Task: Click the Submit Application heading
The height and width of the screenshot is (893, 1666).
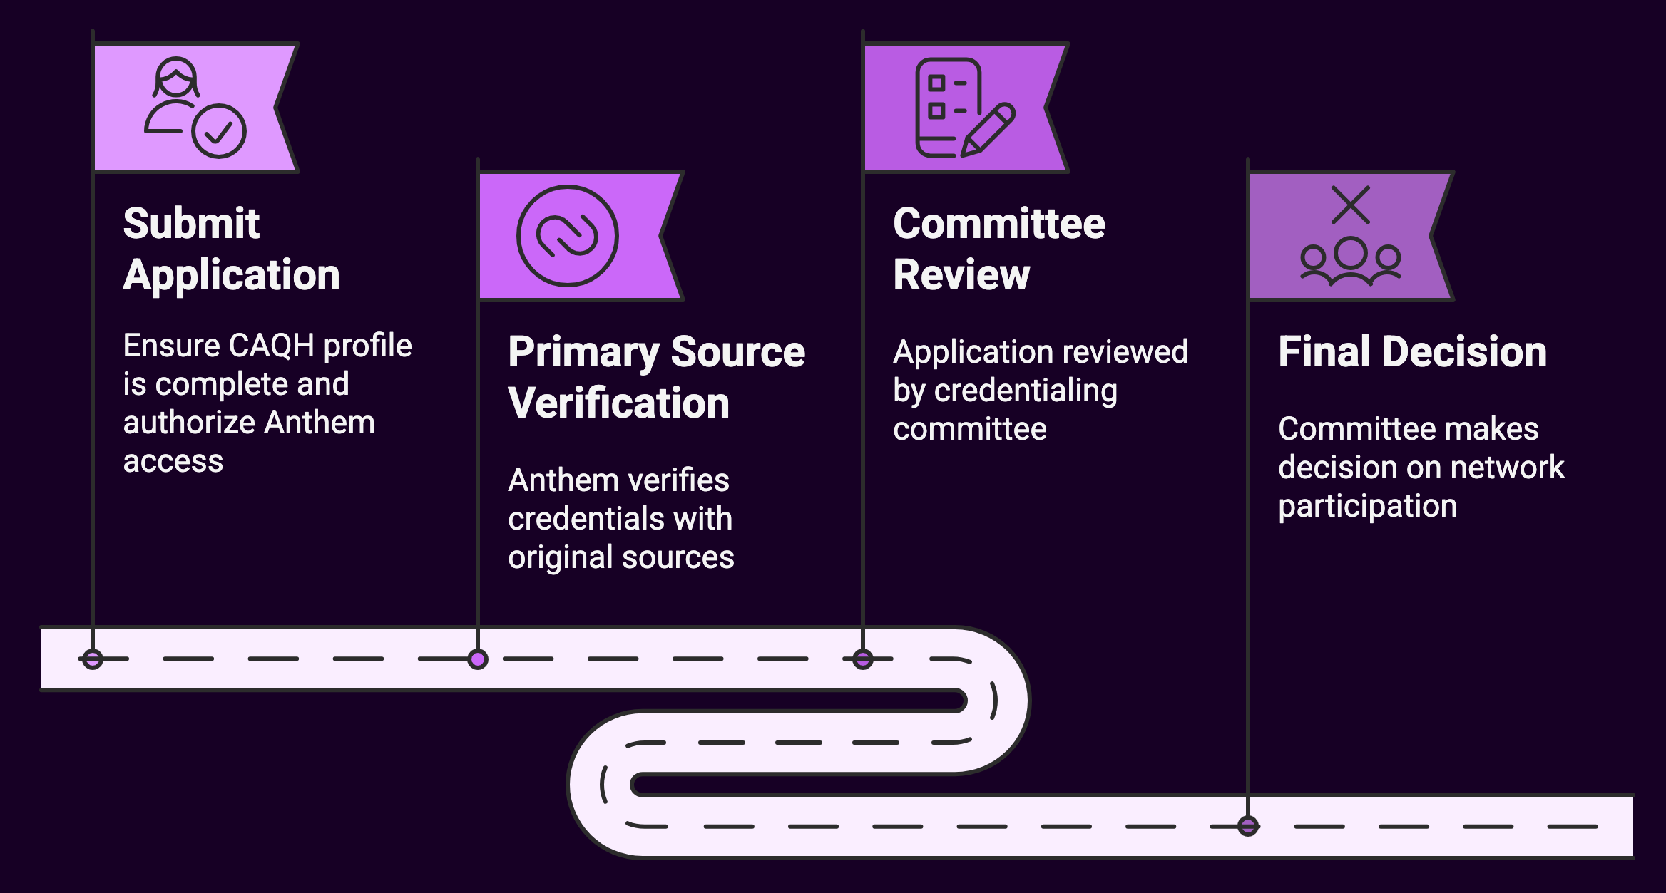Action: pyautogui.click(x=230, y=249)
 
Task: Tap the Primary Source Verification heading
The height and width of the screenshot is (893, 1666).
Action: pyautogui.click(x=656, y=377)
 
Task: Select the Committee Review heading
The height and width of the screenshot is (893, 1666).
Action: pyautogui.click(x=998, y=249)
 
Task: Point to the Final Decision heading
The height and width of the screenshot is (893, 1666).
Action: pyautogui.click(x=1412, y=351)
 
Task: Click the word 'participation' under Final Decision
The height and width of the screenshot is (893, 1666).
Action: pyautogui.click(x=1367, y=506)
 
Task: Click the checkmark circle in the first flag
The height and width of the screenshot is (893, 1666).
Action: pyautogui.click(x=219, y=131)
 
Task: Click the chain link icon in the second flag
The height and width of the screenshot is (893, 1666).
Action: pyautogui.click(x=567, y=236)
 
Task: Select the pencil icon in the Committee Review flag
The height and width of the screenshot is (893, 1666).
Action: pyautogui.click(x=988, y=129)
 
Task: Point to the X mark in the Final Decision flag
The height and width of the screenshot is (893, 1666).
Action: pyautogui.click(x=1351, y=205)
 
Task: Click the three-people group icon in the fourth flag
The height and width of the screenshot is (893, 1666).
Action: pyautogui.click(x=1351, y=262)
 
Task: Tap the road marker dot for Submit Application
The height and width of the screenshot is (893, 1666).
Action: pyautogui.click(x=93, y=659)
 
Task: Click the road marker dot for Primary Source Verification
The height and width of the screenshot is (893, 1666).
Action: pyautogui.click(x=478, y=659)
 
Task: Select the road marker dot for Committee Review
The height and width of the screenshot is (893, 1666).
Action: pyautogui.click(x=863, y=659)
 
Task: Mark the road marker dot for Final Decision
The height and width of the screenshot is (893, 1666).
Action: pyautogui.click(x=1248, y=826)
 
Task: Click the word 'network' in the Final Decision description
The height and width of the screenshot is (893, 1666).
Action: pyautogui.click(x=1507, y=468)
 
